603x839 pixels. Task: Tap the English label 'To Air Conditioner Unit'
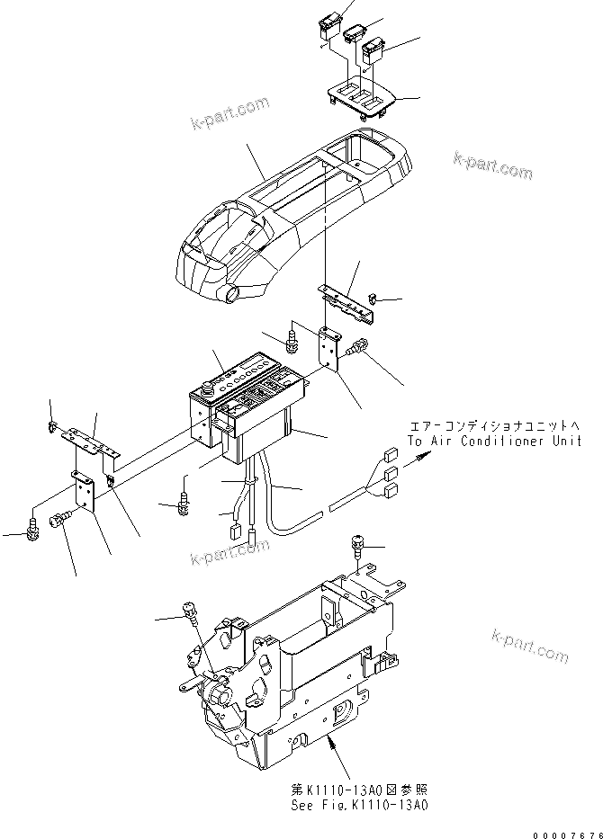point(492,441)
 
